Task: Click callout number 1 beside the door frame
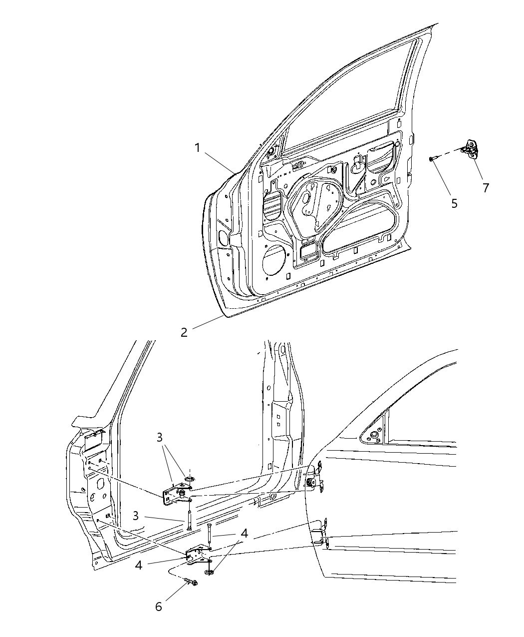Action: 198,148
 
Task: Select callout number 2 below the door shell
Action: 184,332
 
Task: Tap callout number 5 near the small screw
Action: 454,204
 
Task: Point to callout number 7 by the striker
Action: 485,188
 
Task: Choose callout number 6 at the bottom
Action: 159,607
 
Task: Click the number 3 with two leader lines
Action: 160,438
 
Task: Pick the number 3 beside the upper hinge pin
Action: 136,516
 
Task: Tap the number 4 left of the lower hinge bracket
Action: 139,565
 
